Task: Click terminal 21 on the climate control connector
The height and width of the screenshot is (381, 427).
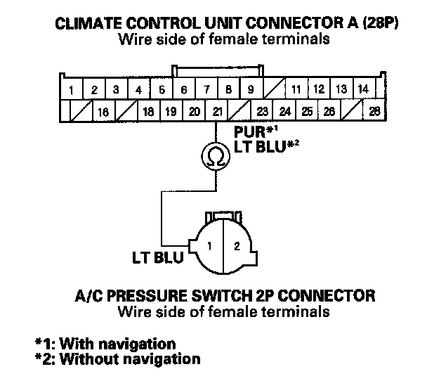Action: [217, 111]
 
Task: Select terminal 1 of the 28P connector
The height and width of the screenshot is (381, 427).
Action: [72, 89]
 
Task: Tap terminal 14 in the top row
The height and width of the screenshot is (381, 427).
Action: [362, 89]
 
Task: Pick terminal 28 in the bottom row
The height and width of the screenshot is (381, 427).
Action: [374, 111]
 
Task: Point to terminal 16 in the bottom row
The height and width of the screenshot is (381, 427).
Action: [103, 111]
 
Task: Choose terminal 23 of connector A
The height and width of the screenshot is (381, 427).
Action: [262, 111]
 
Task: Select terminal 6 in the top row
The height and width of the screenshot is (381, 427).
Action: [184, 89]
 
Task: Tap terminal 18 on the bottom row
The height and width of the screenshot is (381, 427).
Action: [148, 111]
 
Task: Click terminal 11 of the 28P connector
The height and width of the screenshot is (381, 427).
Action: [296, 89]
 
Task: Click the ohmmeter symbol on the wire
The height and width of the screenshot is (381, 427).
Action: [214, 156]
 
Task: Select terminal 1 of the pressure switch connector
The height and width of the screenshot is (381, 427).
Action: [209, 245]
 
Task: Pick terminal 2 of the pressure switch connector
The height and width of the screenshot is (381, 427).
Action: [236, 245]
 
